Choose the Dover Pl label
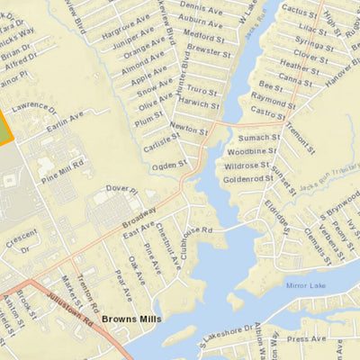pos(122,190)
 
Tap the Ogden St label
pos(168,165)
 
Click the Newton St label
pos(188,130)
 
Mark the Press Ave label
pos(306,339)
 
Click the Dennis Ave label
pos(199,7)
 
